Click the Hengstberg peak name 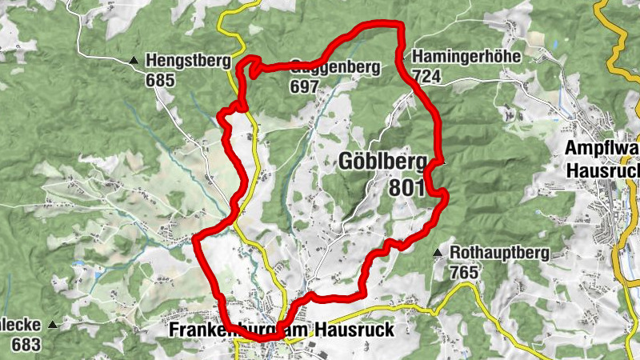[x=188, y=60]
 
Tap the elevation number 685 [x=159, y=80]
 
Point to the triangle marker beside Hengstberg [x=134, y=60]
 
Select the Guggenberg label [x=334, y=67]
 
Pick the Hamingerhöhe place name [x=466, y=57]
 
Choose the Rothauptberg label [x=499, y=254]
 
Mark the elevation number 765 [x=464, y=273]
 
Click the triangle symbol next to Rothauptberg [x=438, y=254]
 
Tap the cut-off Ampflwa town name [x=602, y=149]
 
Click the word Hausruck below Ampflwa [x=602, y=170]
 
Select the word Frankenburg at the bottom [x=226, y=330]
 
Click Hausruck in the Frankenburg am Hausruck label [x=355, y=330]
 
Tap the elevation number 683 [x=26, y=345]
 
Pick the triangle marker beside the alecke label [x=53, y=325]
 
